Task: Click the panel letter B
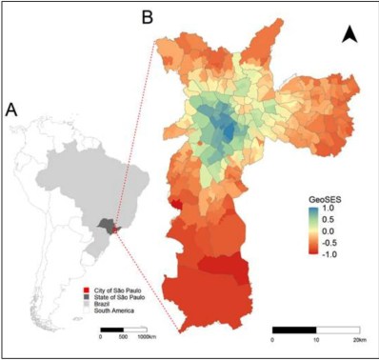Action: [x=148, y=17]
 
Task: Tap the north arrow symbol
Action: [x=349, y=35]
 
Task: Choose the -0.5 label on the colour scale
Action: [x=330, y=241]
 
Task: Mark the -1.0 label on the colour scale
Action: [x=330, y=252]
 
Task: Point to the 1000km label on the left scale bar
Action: [x=147, y=337]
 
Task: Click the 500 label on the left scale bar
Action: [x=124, y=337]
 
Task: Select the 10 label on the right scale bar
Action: [x=316, y=339]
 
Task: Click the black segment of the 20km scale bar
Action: [x=294, y=329]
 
